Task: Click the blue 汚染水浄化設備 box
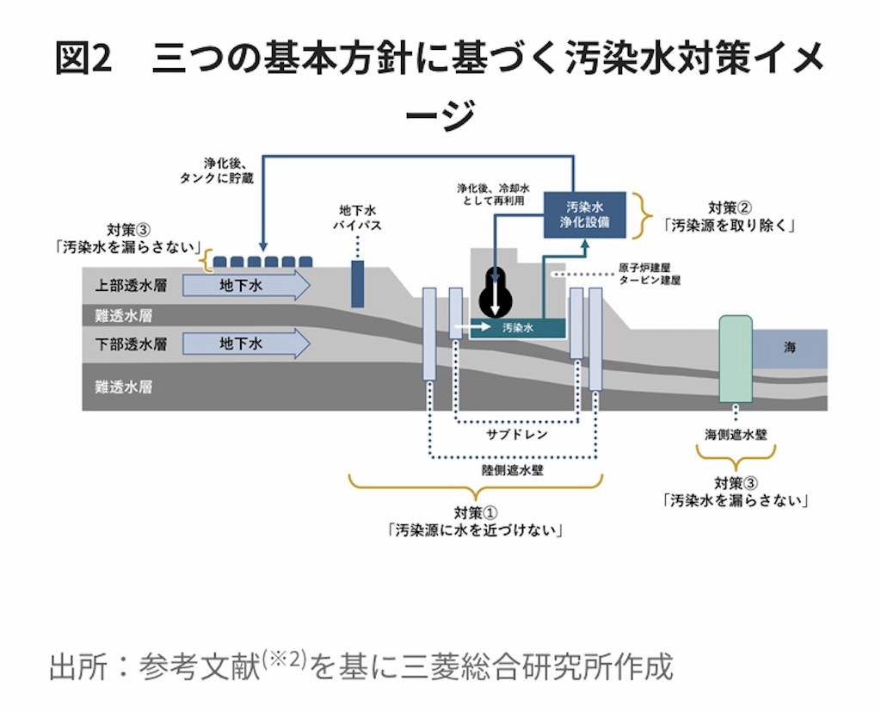[584, 214]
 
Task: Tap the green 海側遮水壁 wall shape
[736, 359]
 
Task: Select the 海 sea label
[790, 348]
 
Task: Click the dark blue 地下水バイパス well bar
[357, 283]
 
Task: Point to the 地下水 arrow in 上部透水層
[246, 285]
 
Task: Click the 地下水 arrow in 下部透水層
[246, 343]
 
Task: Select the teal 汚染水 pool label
[517, 327]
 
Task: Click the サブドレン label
[516, 434]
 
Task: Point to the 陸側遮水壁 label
[513, 469]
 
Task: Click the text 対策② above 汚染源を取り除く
[730, 207]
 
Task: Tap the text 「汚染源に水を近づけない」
[475, 530]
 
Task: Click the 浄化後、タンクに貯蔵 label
[217, 171]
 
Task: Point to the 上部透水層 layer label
[131, 285]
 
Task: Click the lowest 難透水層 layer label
[124, 387]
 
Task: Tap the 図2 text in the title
[83, 58]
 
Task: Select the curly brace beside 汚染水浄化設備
[642, 215]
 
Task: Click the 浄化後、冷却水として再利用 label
[493, 194]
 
